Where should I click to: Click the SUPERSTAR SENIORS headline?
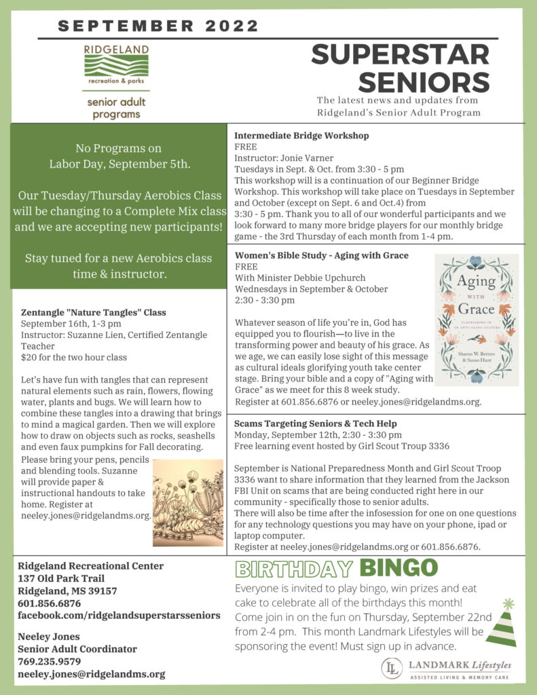coord(401,68)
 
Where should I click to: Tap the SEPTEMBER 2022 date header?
coord(158,26)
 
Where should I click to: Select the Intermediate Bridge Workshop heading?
coord(301,136)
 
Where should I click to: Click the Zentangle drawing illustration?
coord(188,503)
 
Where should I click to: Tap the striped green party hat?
coord(502,624)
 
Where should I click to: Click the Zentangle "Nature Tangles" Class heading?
coord(94,313)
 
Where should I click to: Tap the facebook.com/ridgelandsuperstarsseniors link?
coord(119,615)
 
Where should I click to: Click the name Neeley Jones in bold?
coord(48,637)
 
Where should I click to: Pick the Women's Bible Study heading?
coord(321,255)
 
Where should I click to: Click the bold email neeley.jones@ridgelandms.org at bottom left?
coord(92,674)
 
